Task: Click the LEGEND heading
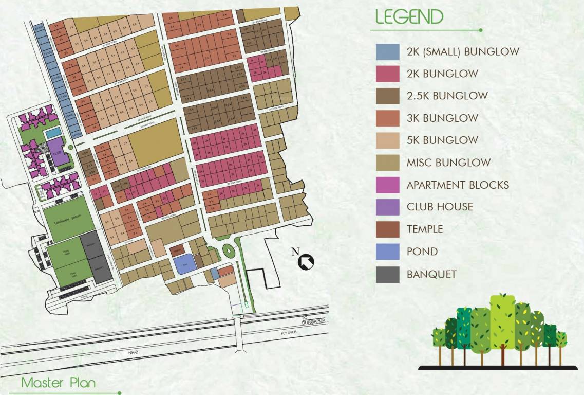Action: [x=409, y=17]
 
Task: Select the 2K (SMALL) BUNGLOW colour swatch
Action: [x=388, y=52]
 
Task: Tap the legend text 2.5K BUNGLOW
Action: [x=447, y=96]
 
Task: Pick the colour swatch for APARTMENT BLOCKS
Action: [x=388, y=185]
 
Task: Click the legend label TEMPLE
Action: [x=424, y=229]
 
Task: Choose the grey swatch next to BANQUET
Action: [x=388, y=274]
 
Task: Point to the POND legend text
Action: [x=422, y=252]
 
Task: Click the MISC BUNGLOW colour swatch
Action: [x=388, y=163]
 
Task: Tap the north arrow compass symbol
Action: [x=306, y=261]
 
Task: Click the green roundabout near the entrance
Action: [x=227, y=252]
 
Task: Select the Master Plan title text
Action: [x=58, y=383]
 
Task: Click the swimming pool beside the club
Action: [x=53, y=133]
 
